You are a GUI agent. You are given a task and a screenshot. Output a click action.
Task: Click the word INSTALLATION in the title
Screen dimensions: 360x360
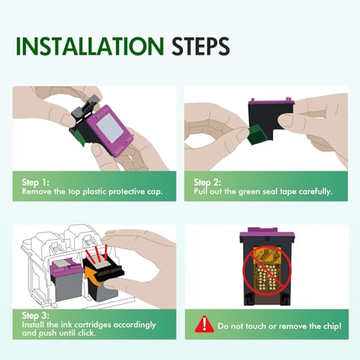(x=90, y=46)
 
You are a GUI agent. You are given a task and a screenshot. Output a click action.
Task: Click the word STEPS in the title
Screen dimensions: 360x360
(x=201, y=46)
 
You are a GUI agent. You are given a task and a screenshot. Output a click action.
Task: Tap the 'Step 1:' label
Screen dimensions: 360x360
(x=35, y=182)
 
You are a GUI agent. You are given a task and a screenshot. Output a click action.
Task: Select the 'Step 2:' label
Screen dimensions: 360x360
(x=207, y=182)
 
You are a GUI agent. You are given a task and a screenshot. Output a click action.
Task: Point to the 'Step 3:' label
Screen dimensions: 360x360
(x=35, y=315)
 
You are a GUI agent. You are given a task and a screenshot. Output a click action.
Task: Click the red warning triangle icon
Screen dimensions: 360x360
(x=204, y=324)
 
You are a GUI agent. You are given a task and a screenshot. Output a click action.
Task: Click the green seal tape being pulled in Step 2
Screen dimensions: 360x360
(x=257, y=135)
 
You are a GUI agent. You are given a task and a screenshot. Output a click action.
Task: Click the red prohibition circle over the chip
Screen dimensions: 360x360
(x=267, y=271)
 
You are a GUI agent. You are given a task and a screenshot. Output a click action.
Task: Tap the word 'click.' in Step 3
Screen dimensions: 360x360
(x=86, y=333)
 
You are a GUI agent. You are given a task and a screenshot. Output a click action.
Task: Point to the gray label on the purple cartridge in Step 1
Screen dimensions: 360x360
(x=109, y=127)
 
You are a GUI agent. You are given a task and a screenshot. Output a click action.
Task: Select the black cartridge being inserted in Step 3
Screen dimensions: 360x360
(x=104, y=276)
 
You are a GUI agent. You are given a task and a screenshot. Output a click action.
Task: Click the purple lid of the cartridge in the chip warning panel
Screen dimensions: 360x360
(x=267, y=233)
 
